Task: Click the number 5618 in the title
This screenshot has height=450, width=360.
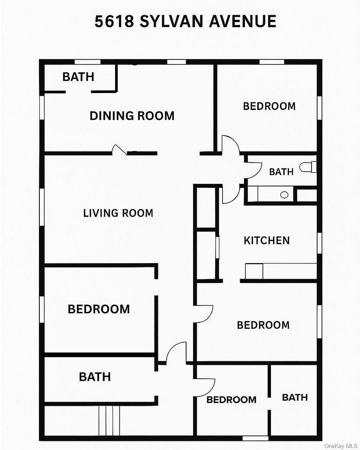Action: (x=114, y=21)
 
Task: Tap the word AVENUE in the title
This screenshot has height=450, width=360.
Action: (x=243, y=21)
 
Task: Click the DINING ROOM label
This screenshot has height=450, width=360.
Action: (x=132, y=116)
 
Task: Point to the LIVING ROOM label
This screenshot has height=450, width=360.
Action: (x=118, y=213)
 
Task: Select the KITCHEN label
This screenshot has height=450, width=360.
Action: (x=267, y=240)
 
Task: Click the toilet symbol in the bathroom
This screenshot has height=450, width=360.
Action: (x=308, y=167)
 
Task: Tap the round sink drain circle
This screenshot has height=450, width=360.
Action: (x=284, y=195)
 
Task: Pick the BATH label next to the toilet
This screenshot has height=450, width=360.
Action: (x=281, y=172)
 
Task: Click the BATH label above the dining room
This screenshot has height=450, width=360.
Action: (x=78, y=77)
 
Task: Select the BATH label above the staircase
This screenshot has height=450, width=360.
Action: (x=95, y=376)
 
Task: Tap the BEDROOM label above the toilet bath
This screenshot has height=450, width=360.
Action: (x=269, y=106)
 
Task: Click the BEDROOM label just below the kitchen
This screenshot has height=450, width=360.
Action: (x=263, y=325)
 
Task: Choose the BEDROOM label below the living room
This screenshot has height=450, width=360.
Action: (x=99, y=309)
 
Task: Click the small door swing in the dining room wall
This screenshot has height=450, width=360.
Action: (x=119, y=149)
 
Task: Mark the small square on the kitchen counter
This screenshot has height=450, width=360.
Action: (x=254, y=271)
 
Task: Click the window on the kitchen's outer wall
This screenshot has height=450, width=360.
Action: (x=319, y=243)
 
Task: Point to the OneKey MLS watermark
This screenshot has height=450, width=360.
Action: (x=341, y=446)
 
